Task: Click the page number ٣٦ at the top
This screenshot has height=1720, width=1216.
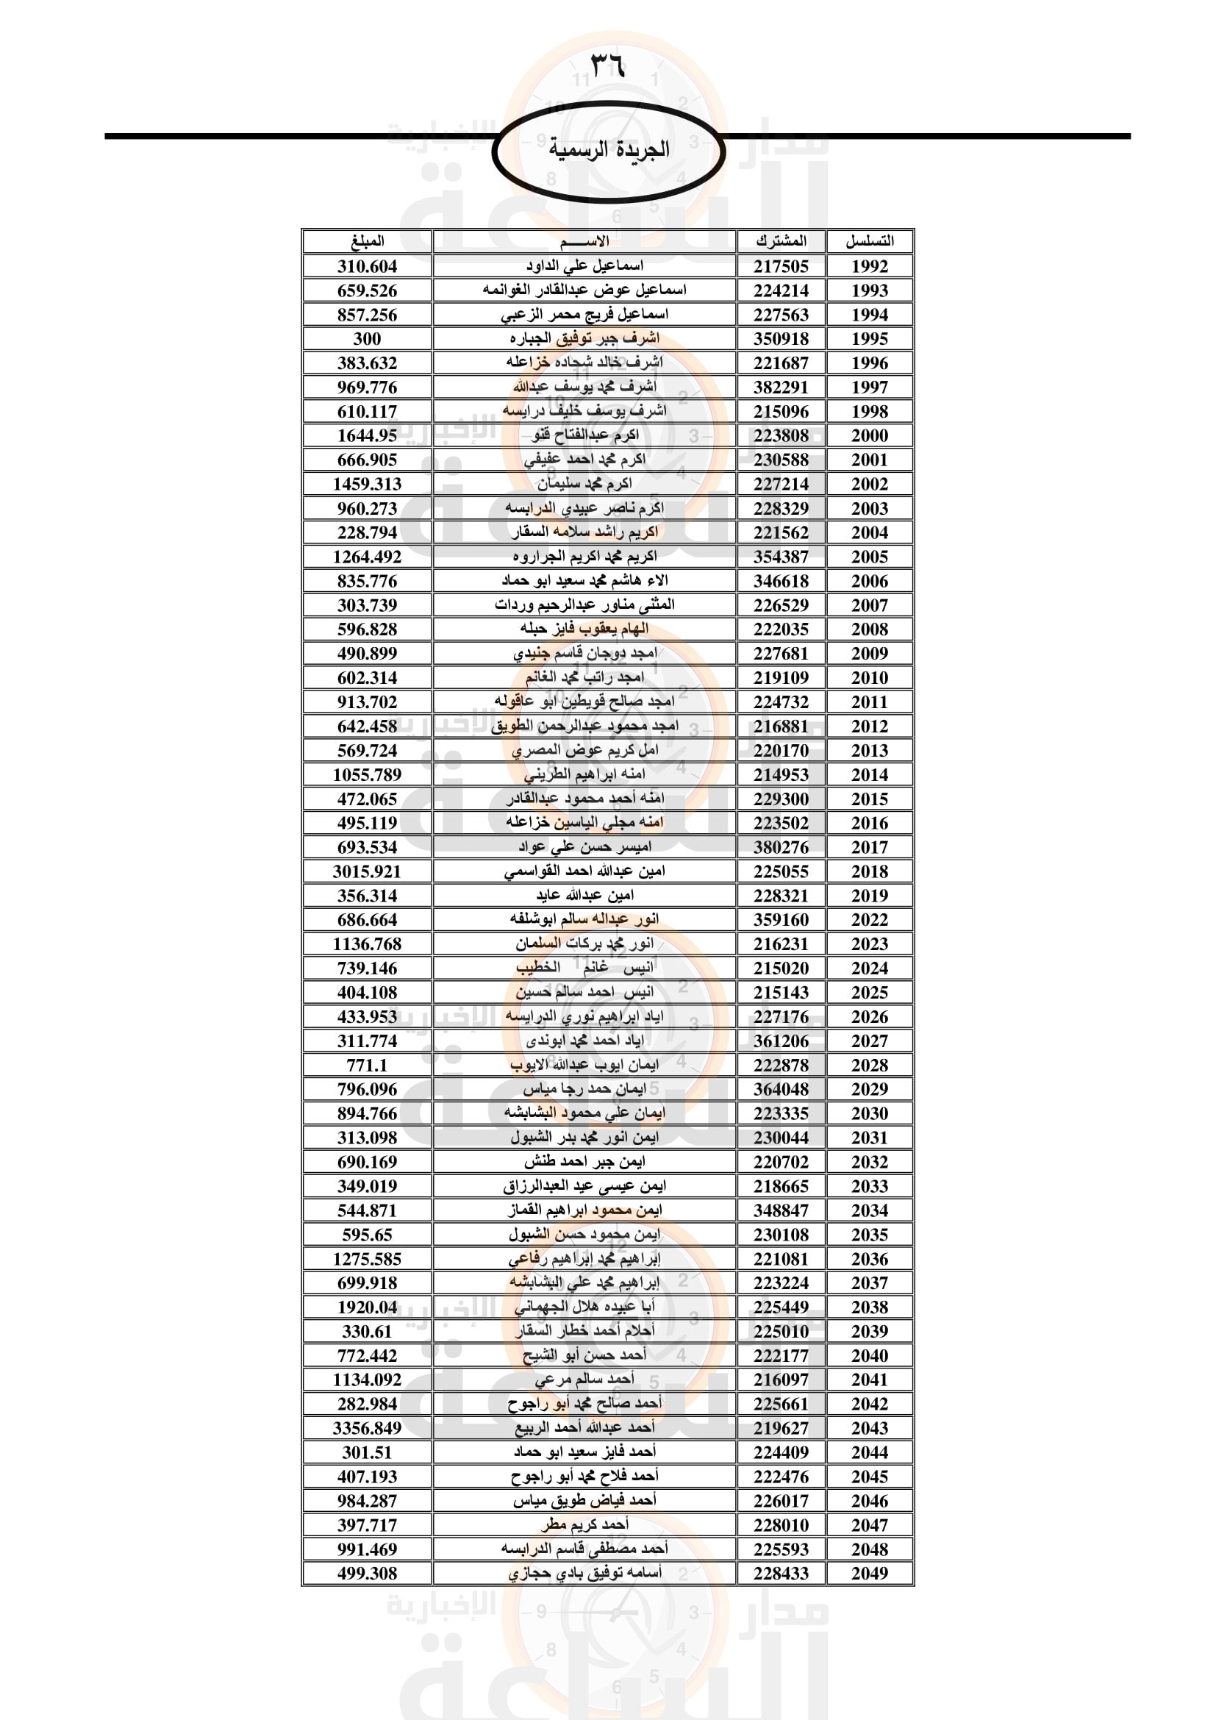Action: tap(607, 66)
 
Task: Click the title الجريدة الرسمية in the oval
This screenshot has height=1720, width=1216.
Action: tap(609, 149)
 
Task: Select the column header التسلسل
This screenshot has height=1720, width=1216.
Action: tap(869, 241)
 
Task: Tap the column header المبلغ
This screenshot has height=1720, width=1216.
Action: tap(367, 241)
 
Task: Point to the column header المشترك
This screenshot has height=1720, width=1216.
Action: tap(781, 241)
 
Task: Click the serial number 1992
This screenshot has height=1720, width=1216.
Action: tap(869, 267)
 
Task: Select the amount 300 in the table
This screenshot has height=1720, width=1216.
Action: tap(367, 339)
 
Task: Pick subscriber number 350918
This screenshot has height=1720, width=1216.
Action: tap(781, 339)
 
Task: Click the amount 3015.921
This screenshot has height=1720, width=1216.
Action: tap(367, 872)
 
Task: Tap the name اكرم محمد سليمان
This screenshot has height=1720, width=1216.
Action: tap(584, 484)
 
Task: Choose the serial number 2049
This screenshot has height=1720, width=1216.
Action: tap(869, 1574)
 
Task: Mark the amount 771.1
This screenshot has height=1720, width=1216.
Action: tap(367, 1066)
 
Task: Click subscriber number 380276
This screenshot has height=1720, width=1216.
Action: tap(781, 848)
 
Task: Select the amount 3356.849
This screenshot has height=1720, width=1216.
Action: tap(367, 1429)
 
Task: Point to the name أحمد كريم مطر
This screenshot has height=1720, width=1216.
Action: tap(584, 1525)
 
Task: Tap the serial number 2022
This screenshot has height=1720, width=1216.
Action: tap(869, 920)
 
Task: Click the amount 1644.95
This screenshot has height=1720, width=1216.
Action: tap(367, 436)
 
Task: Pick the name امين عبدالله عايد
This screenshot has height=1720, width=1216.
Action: tap(584, 896)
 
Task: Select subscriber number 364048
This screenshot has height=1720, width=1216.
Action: tap(781, 1090)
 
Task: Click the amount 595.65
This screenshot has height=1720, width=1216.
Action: tap(367, 1235)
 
